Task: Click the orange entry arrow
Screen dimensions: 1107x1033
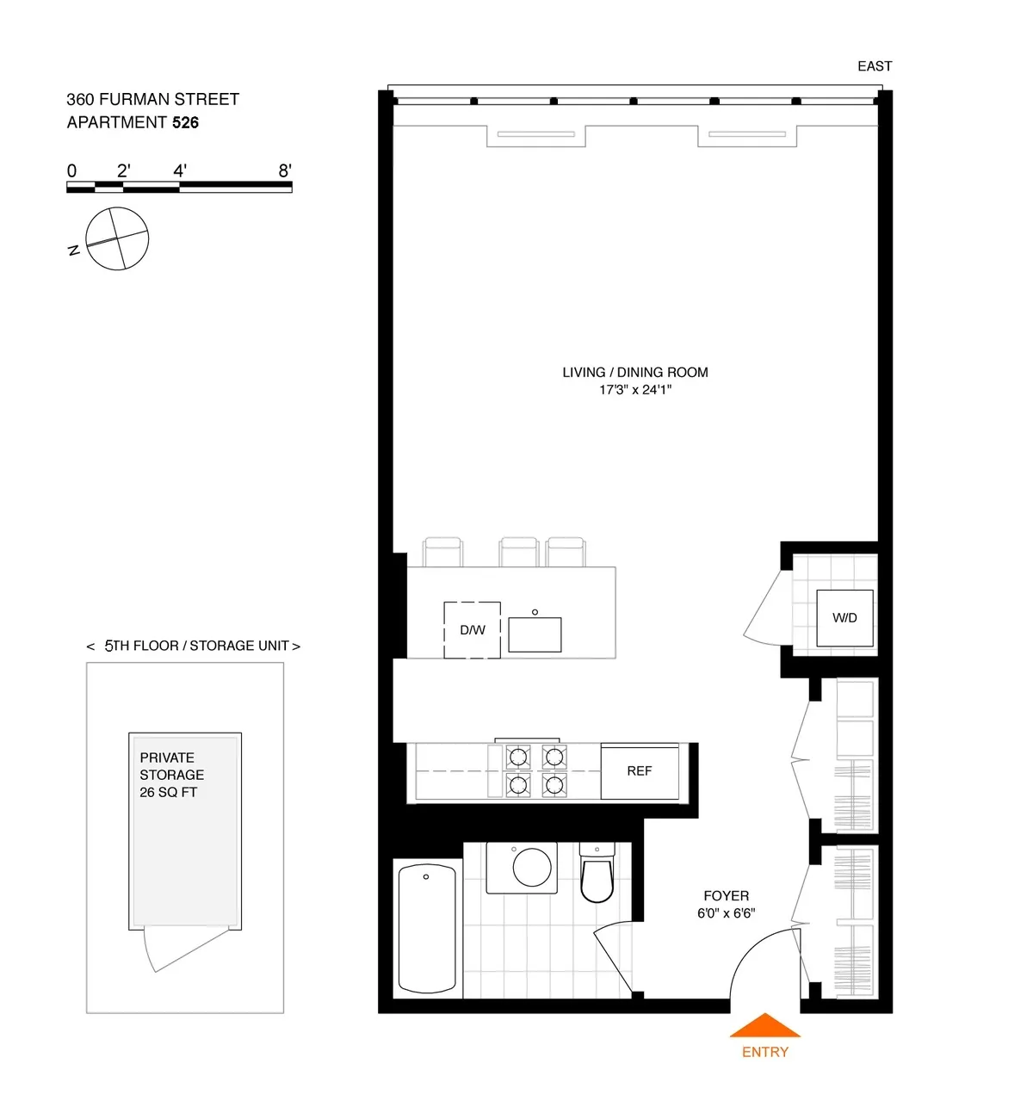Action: pyautogui.click(x=764, y=1026)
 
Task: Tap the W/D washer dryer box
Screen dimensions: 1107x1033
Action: pyautogui.click(x=844, y=618)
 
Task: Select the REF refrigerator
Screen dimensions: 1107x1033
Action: pyautogui.click(x=640, y=771)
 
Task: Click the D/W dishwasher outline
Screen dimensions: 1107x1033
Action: pyautogui.click(x=472, y=630)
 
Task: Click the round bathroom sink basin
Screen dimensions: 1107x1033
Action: pyautogui.click(x=532, y=867)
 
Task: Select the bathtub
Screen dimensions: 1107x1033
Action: pyautogui.click(x=427, y=929)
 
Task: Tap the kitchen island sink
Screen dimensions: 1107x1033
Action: pyautogui.click(x=535, y=634)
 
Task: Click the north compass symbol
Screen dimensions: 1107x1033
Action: pyautogui.click(x=117, y=239)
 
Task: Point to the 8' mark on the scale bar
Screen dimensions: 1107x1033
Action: pyautogui.click(x=285, y=171)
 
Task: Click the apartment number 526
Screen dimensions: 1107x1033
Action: pyautogui.click(x=185, y=122)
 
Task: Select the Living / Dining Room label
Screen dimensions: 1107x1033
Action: pyautogui.click(x=635, y=373)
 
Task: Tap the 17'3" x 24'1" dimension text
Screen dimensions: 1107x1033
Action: pyautogui.click(x=635, y=390)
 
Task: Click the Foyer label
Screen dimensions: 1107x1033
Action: pyautogui.click(x=726, y=896)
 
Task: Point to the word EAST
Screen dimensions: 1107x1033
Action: pyautogui.click(x=875, y=66)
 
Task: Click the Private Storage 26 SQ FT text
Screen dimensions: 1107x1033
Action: pyautogui.click(x=171, y=775)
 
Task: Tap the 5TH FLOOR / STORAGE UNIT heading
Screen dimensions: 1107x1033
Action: pyautogui.click(x=194, y=646)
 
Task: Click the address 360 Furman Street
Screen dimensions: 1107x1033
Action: pyautogui.click(x=153, y=99)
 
